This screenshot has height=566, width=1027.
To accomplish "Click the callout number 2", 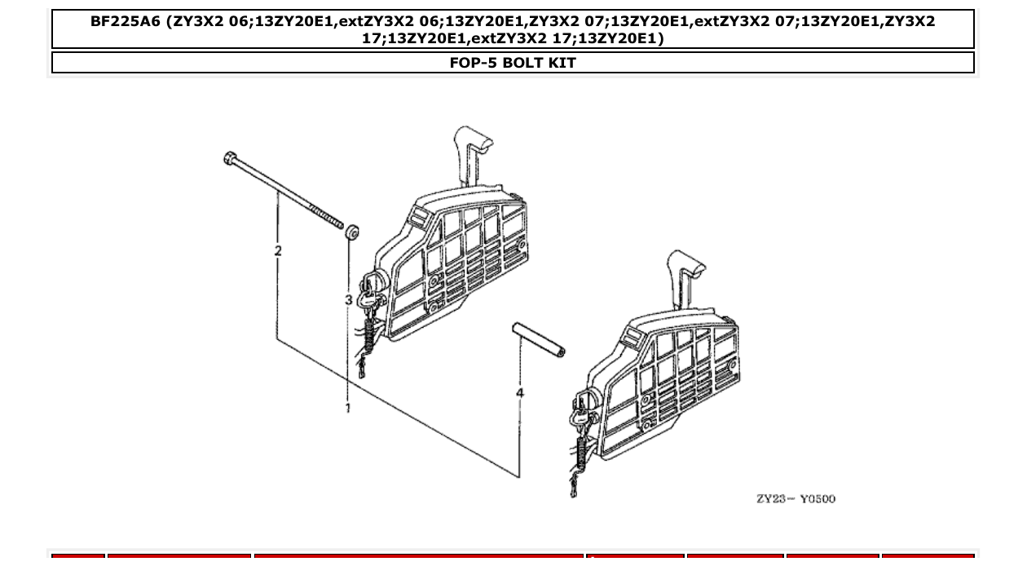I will coord(278,251).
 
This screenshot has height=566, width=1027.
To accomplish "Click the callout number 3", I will coord(348,300).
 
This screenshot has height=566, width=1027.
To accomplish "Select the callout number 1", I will coord(348,407).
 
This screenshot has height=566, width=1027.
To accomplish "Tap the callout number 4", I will coord(520,393).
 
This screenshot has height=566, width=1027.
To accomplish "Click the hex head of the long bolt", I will coord(230,157).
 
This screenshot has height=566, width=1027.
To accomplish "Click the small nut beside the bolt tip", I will coord(352,232).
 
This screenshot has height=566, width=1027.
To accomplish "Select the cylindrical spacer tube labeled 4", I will coord(538,340).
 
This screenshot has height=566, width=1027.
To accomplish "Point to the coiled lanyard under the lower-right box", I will coord(580,453).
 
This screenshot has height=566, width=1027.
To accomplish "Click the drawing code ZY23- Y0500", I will coord(796,499).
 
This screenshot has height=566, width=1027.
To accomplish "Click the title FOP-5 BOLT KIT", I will coord(513,63).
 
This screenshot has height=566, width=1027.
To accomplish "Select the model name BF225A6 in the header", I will coord(125,22).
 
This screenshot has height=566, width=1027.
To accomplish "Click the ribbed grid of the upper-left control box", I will coord(465,253).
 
